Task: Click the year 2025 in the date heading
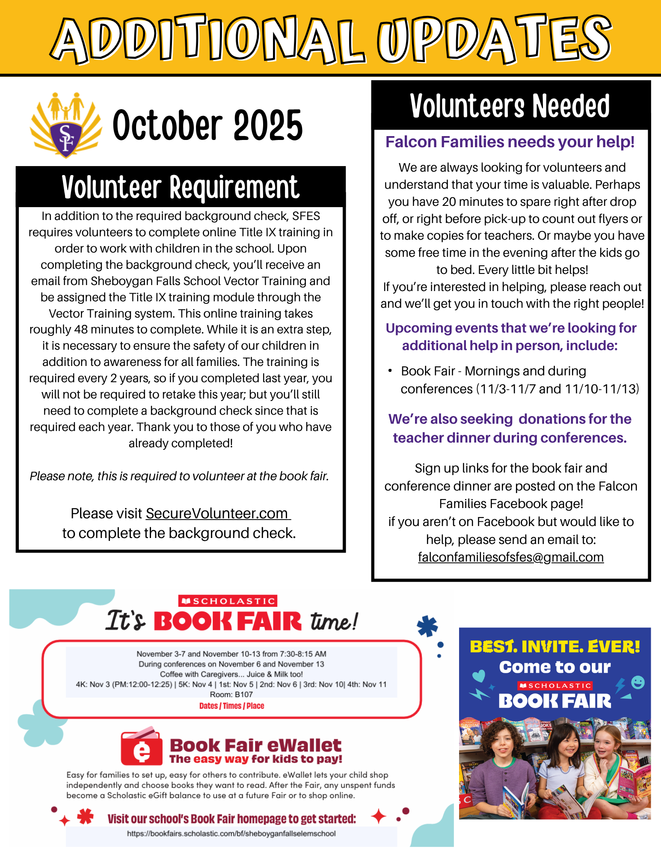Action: coord(268,125)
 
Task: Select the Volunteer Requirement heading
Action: coord(180,187)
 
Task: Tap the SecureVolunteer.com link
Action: coord(217,513)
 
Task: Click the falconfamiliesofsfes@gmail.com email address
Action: coord(510,557)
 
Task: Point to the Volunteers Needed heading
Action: coord(510,106)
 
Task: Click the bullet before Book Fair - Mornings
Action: coord(390,371)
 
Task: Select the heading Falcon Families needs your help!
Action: coord(510,142)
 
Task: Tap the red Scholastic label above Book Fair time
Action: coord(228,601)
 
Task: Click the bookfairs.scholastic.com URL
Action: coord(231,834)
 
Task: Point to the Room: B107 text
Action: coord(231,694)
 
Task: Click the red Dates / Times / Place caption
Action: coord(231,706)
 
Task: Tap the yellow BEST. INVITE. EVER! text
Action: coord(554,647)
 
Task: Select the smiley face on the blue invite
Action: coord(637,682)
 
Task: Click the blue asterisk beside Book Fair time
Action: coord(427,627)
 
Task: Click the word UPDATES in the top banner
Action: coord(494,39)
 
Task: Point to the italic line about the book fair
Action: coord(179,476)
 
